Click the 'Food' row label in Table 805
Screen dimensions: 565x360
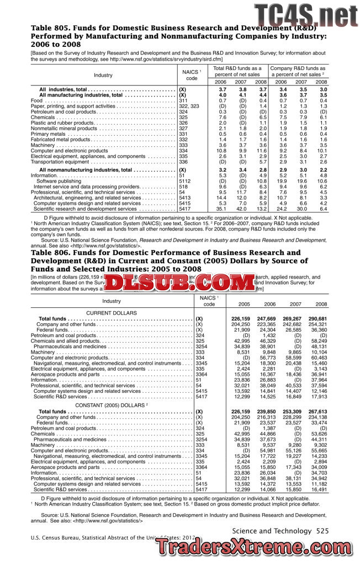coord(36,101)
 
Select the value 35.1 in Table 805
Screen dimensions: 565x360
coord(221,209)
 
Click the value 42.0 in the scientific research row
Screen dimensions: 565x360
coord(241,209)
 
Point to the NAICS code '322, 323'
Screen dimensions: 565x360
coord(189,106)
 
